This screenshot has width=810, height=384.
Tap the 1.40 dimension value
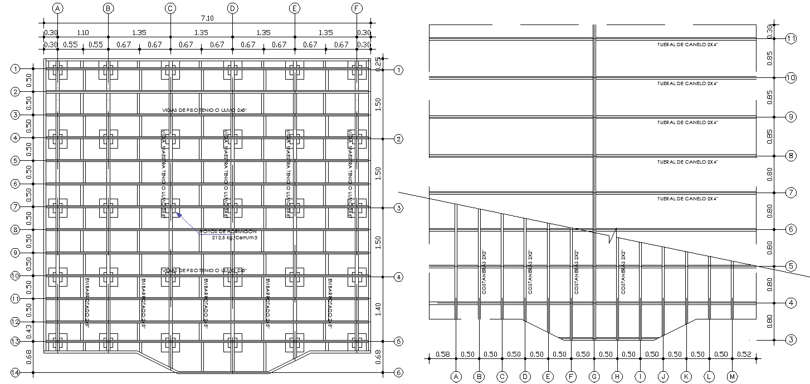[379, 309]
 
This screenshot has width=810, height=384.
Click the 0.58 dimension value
[443, 354]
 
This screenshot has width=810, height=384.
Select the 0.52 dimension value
[744, 354]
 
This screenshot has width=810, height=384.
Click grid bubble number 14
[16, 372]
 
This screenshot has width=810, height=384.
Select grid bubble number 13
[16, 341]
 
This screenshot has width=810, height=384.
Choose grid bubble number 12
[16, 322]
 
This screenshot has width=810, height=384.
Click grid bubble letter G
[594, 377]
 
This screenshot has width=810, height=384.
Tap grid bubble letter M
[732, 377]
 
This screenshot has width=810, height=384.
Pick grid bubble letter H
[617, 377]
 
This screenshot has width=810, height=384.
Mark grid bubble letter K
[686, 377]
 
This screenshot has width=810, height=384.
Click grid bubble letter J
[663, 377]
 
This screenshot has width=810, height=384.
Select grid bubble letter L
[709, 377]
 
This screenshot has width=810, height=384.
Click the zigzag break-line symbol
[613, 235]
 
